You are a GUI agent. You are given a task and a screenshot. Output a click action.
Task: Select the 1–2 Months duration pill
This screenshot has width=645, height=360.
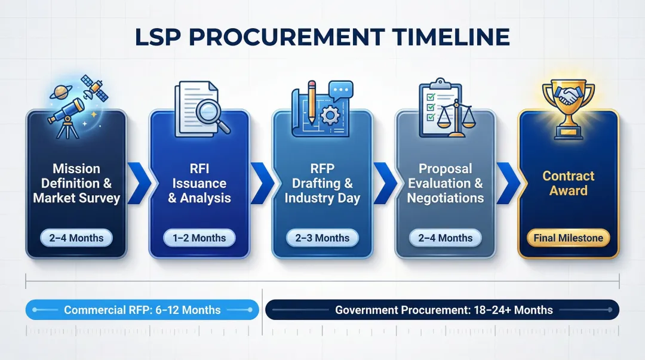pyautogui.click(x=199, y=238)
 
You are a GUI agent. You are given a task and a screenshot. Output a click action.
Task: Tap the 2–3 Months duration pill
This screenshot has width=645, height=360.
pyautogui.click(x=322, y=238)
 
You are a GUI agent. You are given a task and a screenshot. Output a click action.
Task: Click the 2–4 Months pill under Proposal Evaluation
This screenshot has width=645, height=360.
pyautogui.click(x=444, y=238)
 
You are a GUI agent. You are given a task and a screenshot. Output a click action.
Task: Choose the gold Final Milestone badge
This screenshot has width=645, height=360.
pyautogui.click(x=568, y=238)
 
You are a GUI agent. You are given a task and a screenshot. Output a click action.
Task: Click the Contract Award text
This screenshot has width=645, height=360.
pyautogui.click(x=568, y=183)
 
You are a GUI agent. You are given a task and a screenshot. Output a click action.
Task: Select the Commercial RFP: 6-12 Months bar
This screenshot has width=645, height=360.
pyautogui.click(x=142, y=310)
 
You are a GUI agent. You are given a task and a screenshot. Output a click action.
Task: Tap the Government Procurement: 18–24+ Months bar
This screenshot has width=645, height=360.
pyautogui.click(x=443, y=310)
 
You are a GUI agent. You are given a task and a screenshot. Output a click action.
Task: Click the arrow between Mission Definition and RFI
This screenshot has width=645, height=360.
pyautogui.click(x=138, y=183)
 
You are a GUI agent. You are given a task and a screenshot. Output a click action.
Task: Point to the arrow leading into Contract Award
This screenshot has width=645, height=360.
pyautogui.click(x=507, y=183)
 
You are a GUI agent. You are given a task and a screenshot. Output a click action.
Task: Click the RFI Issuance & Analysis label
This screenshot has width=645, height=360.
pyautogui.click(x=199, y=183)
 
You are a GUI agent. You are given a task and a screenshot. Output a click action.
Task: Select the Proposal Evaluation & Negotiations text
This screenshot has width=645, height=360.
pyautogui.click(x=445, y=183)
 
